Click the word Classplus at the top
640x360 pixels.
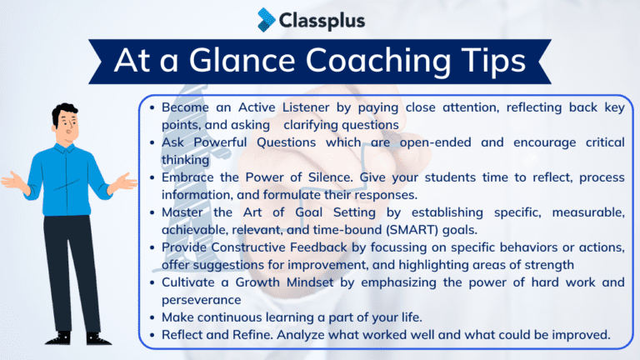click(322, 19)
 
